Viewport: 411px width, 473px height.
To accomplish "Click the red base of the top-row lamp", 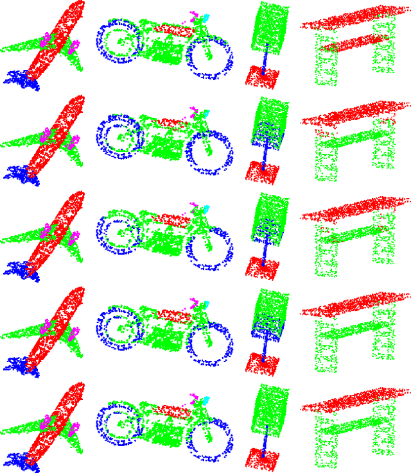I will point(263,78).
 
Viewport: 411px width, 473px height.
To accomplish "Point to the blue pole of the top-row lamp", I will point(265,56).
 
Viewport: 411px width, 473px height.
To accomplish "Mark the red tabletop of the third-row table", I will point(353,212).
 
